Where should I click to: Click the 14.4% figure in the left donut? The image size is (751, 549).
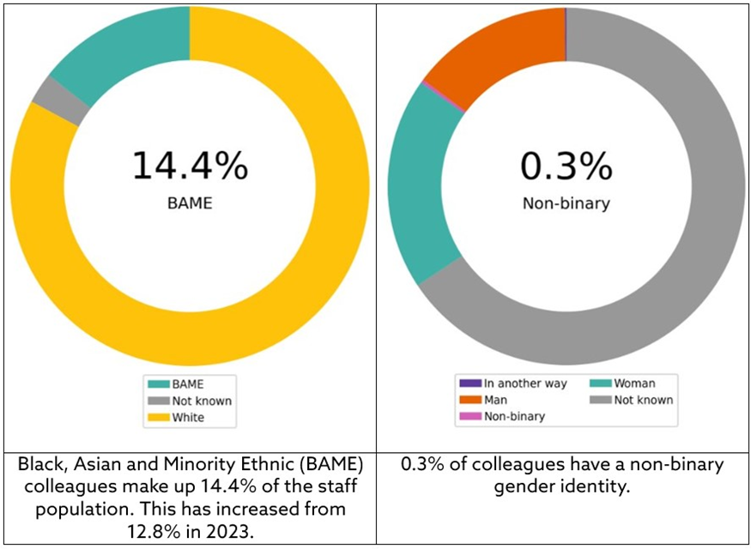[190, 165]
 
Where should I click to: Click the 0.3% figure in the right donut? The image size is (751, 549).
[566, 165]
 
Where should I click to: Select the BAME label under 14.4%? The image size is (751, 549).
[190, 205]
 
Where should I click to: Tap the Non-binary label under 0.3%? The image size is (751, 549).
[566, 205]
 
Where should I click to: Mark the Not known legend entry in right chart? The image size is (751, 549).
[639, 400]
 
